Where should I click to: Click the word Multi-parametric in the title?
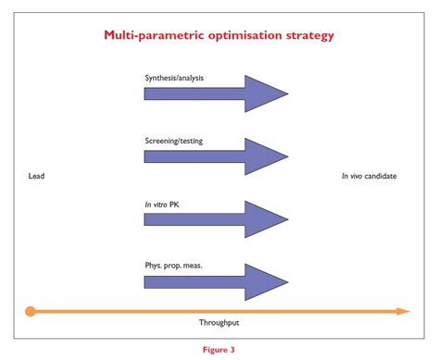(150, 37)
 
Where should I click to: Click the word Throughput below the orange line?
(219, 323)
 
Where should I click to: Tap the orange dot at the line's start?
(31, 312)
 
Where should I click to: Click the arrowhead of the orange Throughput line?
(403, 312)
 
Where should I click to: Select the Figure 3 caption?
(219, 350)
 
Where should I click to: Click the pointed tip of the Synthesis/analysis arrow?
(287, 93)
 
